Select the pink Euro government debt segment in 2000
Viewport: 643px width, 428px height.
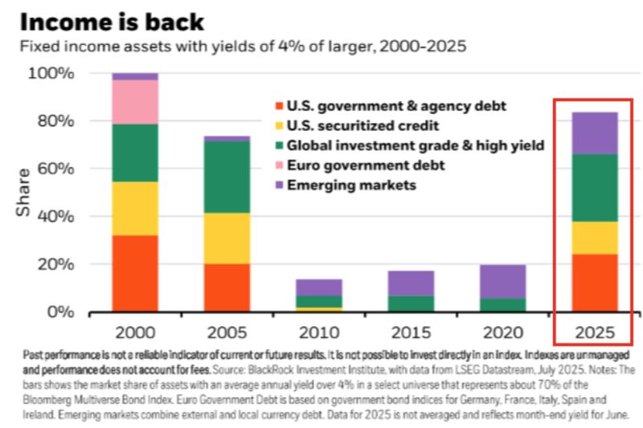pos(135,101)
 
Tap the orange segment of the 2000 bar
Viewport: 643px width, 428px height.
pos(135,273)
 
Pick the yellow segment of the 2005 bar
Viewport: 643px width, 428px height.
pos(227,238)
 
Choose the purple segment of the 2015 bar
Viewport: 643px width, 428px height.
pos(411,283)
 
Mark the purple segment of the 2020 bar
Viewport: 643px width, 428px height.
pos(502,281)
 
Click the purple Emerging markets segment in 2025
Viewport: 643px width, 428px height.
pos(594,132)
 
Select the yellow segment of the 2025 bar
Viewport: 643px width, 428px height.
pos(594,238)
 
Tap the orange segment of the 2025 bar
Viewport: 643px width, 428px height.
pos(594,283)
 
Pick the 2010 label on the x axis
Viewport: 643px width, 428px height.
pos(318,332)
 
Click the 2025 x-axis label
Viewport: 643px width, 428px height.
pos(594,332)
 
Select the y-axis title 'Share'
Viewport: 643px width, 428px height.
pos(23,192)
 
